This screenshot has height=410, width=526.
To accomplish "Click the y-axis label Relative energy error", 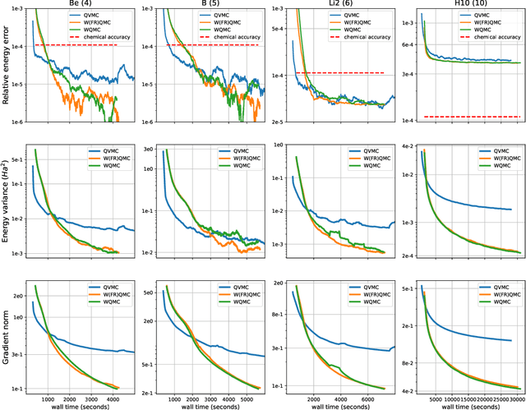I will pyautogui.click(x=7, y=66).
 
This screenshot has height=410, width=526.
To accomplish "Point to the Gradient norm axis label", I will pyautogui.click(x=7, y=337).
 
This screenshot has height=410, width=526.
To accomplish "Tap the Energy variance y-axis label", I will pyautogui.click(x=7, y=201).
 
